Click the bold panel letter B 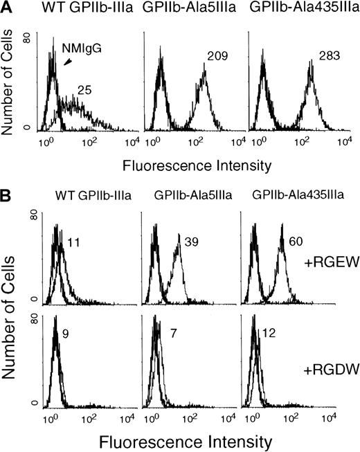8,199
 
